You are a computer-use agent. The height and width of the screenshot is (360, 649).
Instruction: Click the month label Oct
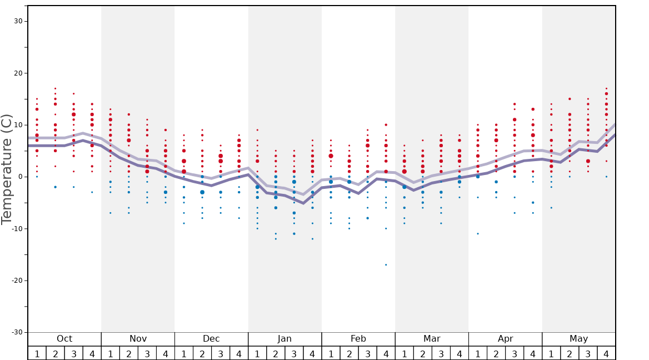64,339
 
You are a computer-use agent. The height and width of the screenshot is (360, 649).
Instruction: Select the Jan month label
284,339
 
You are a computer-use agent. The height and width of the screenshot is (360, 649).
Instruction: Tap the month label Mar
432,339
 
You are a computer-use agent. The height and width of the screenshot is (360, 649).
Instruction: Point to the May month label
578,339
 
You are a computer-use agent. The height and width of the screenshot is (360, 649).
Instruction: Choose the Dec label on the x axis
211,339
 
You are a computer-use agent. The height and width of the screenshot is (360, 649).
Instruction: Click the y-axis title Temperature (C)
7,169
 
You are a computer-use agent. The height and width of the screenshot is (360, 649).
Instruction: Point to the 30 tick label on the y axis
17,21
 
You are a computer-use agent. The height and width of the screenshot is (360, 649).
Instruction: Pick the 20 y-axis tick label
17,73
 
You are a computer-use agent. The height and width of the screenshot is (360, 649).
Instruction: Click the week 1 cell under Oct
37,353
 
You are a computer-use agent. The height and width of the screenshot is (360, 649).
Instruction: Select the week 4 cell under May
606,353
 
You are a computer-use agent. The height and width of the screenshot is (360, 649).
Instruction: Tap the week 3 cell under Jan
294,353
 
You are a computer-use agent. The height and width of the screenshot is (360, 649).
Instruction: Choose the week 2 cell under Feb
349,353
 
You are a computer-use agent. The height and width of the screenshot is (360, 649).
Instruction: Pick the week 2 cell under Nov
129,353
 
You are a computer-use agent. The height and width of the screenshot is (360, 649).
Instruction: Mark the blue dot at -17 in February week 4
386,264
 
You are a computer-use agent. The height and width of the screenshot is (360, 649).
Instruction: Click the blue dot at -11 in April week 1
477,233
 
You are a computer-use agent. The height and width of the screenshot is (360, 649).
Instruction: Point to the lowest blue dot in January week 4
312,239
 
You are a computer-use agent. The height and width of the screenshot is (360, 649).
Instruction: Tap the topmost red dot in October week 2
56,88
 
